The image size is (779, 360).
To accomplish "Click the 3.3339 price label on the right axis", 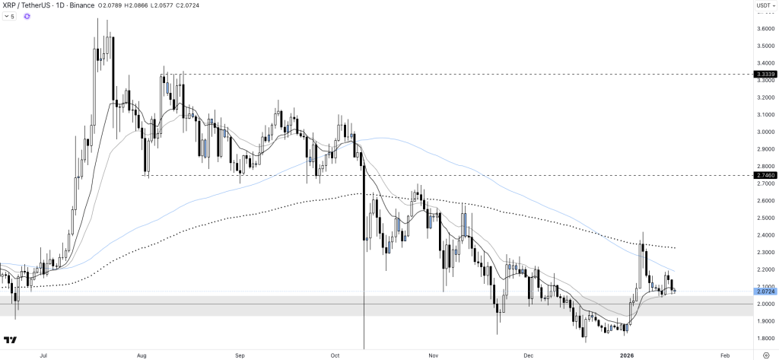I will coord(764,74).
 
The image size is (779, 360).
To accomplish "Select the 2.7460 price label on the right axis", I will coord(764,175).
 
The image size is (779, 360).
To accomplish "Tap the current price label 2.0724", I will coord(764,292).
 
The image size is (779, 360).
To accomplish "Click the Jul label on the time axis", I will coord(43,355).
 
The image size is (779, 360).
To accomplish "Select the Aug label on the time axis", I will coord(141,355).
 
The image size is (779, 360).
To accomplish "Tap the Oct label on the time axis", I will coord(335,355).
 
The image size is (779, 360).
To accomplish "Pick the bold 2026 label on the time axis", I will coord(628,355).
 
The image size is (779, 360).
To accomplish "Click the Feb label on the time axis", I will coord(725,355).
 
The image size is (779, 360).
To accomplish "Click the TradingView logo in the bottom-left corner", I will coord(11,340).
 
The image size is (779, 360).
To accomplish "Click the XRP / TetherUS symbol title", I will coord(30,5).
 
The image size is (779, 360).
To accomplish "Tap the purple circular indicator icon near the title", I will coord(27,16).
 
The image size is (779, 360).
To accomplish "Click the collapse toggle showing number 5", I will coord(10,16).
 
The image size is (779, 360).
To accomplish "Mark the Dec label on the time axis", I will coord(529,355).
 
